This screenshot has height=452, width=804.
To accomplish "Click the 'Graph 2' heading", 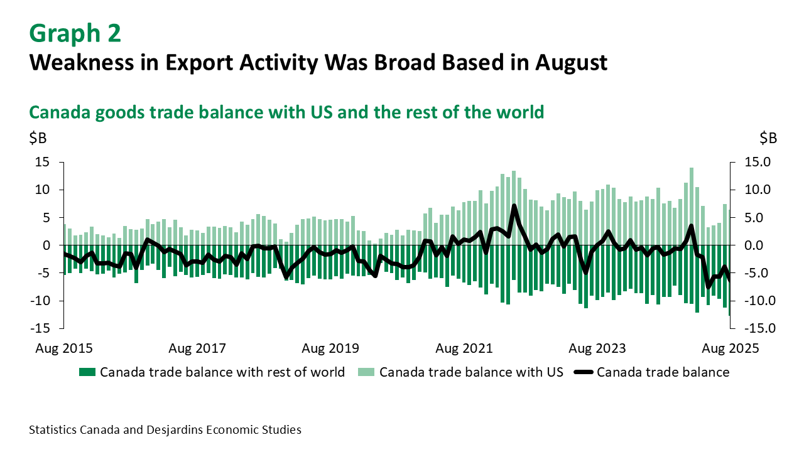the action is pyautogui.click(x=75, y=33).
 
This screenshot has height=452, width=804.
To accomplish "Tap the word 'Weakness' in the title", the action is pyautogui.click(x=82, y=62).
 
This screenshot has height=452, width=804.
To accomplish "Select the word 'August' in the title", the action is pyautogui.click(x=572, y=63).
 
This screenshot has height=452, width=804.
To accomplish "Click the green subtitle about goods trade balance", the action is pyautogui.click(x=286, y=112).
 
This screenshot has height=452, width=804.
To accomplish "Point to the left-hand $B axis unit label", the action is pyautogui.click(x=38, y=138).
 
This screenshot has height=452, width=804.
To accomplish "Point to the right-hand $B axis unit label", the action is pyautogui.click(x=768, y=138).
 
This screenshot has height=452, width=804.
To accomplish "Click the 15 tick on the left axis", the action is pyautogui.click(x=42, y=162).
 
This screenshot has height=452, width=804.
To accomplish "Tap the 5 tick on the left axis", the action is pyautogui.click(x=46, y=217).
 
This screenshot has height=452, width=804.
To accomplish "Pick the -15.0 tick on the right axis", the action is pyautogui.click(x=760, y=328).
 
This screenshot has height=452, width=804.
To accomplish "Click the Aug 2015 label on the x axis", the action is pyautogui.click(x=64, y=348).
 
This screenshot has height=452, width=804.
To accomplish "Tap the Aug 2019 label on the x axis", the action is pyautogui.click(x=330, y=348).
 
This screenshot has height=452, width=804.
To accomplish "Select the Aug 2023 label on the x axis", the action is pyautogui.click(x=597, y=348).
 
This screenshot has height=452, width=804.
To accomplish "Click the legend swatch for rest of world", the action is pyautogui.click(x=87, y=372).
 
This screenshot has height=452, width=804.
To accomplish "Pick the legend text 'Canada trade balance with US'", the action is pyautogui.click(x=471, y=372).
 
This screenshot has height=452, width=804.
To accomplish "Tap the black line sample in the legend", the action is pyautogui.click(x=584, y=372).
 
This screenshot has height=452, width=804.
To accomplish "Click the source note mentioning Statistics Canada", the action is pyautogui.click(x=165, y=430).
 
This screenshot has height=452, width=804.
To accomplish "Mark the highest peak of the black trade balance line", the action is pyautogui.click(x=514, y=205).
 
